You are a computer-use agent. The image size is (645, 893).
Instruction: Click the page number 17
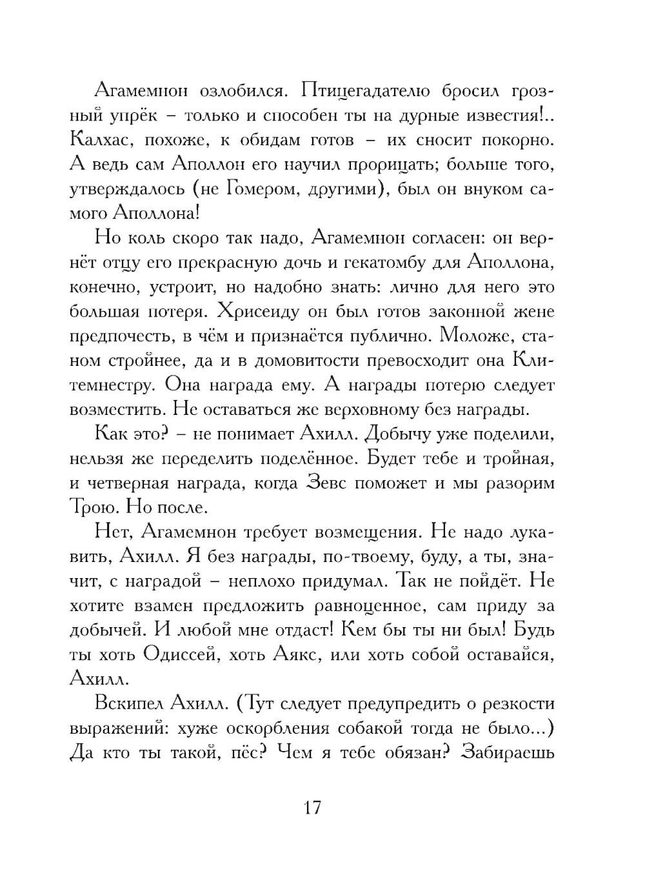312,807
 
